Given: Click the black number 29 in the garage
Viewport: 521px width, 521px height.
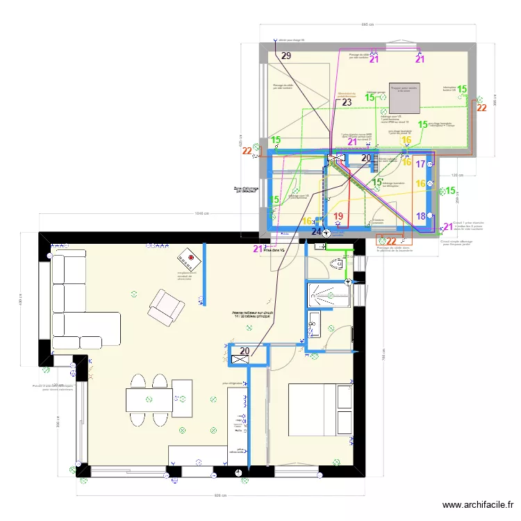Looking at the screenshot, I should tap(286, 56).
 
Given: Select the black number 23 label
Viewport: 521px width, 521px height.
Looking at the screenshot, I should tap(346, 102).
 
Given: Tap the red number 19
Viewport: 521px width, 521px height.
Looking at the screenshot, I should tap(338, 217).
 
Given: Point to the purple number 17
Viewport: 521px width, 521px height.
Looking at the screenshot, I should tap(420, 165).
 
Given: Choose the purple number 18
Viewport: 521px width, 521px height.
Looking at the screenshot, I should tap(421, 216).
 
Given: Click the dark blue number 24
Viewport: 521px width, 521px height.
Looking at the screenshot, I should tap(317, 231).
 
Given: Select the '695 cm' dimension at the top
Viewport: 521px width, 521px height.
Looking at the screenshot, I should tap(367, 24).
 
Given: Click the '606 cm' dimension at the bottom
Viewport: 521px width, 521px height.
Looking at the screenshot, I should tap(220, 495).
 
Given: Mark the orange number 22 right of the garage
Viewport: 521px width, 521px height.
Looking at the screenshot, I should tap(481, 108).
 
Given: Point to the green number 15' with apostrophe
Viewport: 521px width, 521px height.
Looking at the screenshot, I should tap(377, 182).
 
